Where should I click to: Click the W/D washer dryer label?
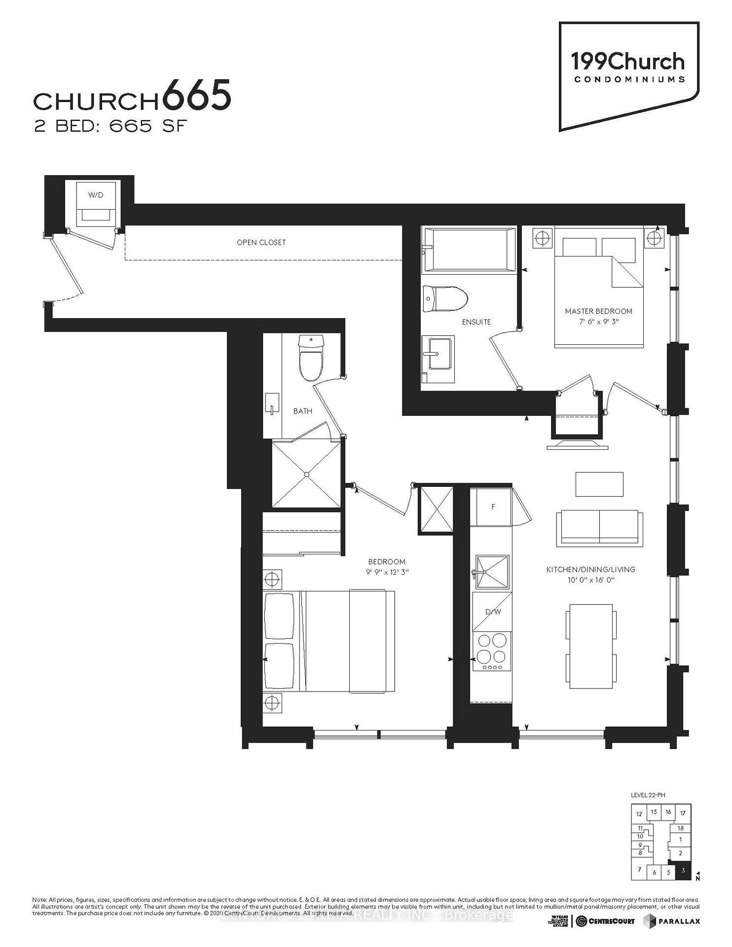tap(96, 195)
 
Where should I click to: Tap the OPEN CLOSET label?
tap(261, 242)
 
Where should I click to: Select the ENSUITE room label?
tap(476, 322)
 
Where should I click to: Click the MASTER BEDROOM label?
tap(598, 311)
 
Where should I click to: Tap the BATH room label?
tap(302, 411)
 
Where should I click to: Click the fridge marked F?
tap(493, 507)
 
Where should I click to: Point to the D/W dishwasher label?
tap(493, 612)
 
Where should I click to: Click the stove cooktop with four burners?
tap(492, 651)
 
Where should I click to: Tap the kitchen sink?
tap(492, 572)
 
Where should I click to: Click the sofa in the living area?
tap(599, 528)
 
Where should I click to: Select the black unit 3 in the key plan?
tap(683, 871)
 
